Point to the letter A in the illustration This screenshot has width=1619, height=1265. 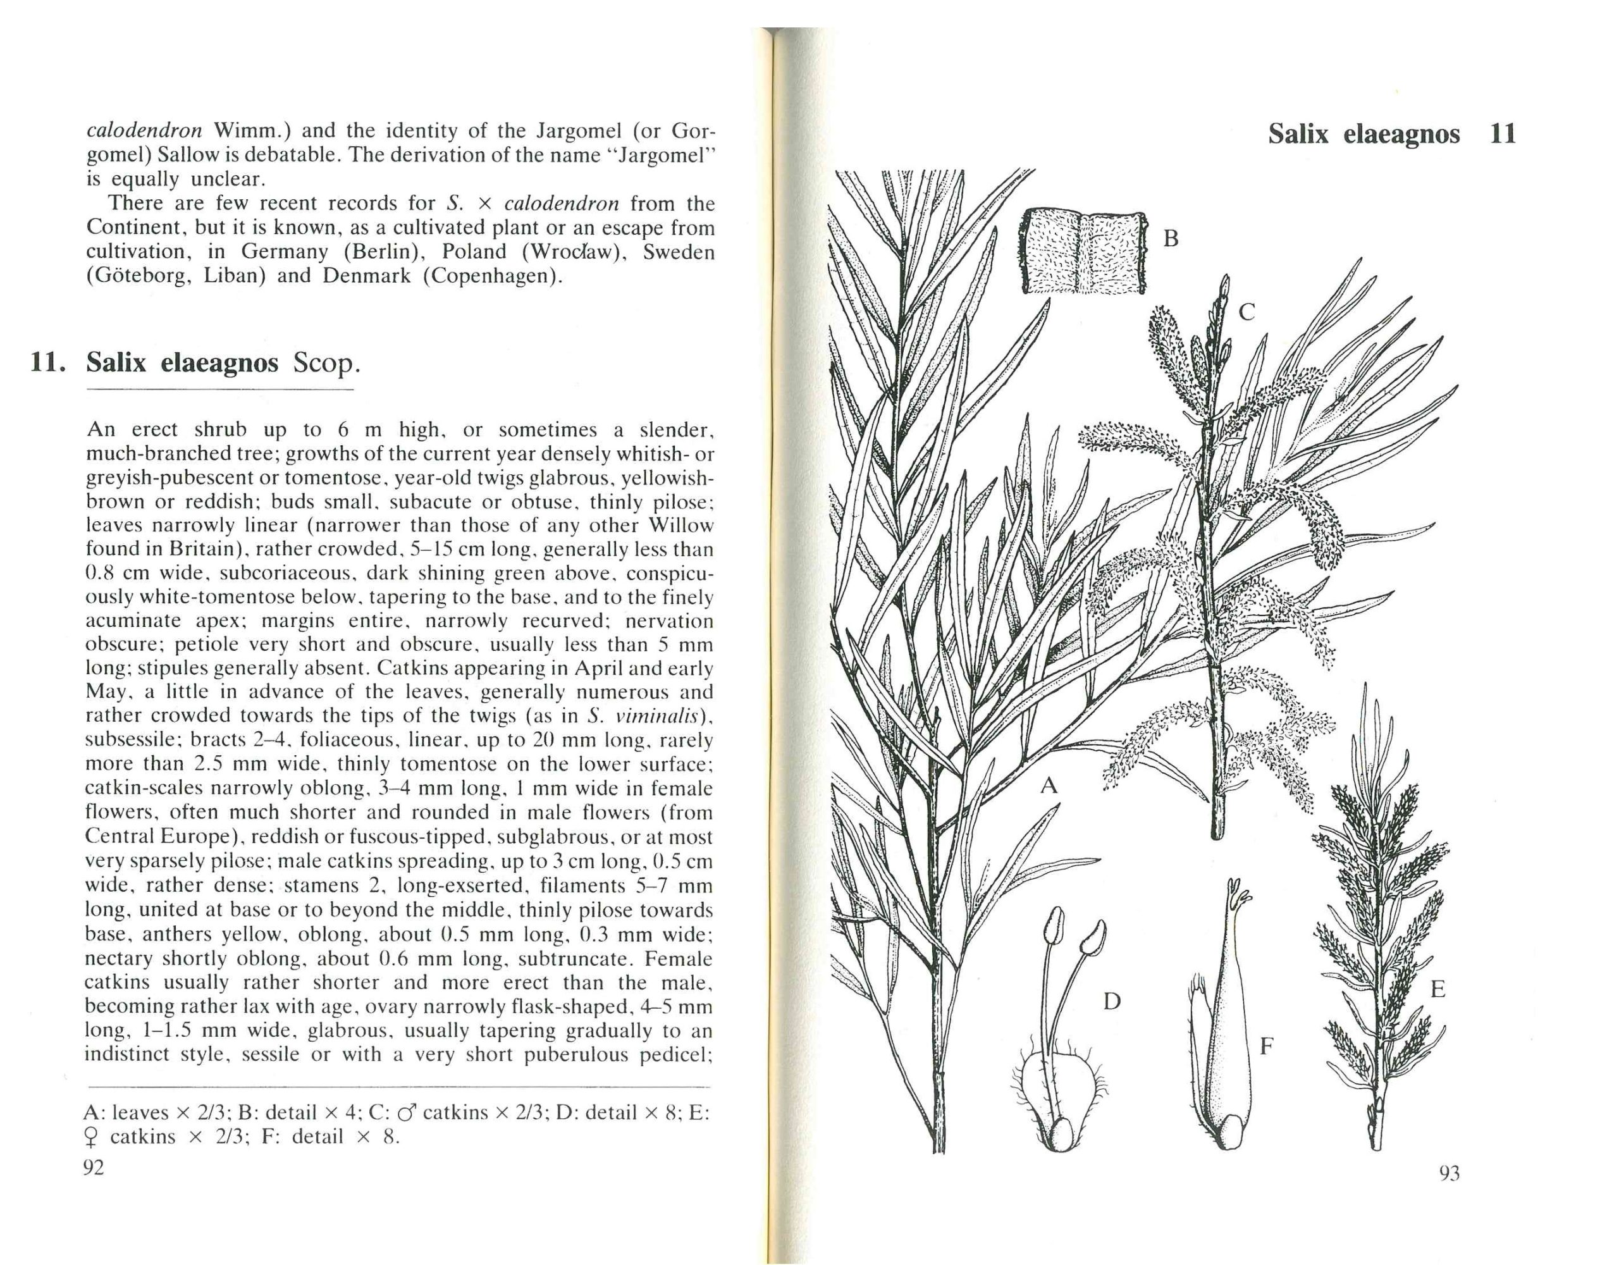(1048, 784)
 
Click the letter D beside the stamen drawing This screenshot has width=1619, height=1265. (1111, 1002)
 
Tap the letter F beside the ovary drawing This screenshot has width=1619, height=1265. (1267, 1046)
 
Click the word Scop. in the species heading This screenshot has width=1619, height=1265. (326, 363)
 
